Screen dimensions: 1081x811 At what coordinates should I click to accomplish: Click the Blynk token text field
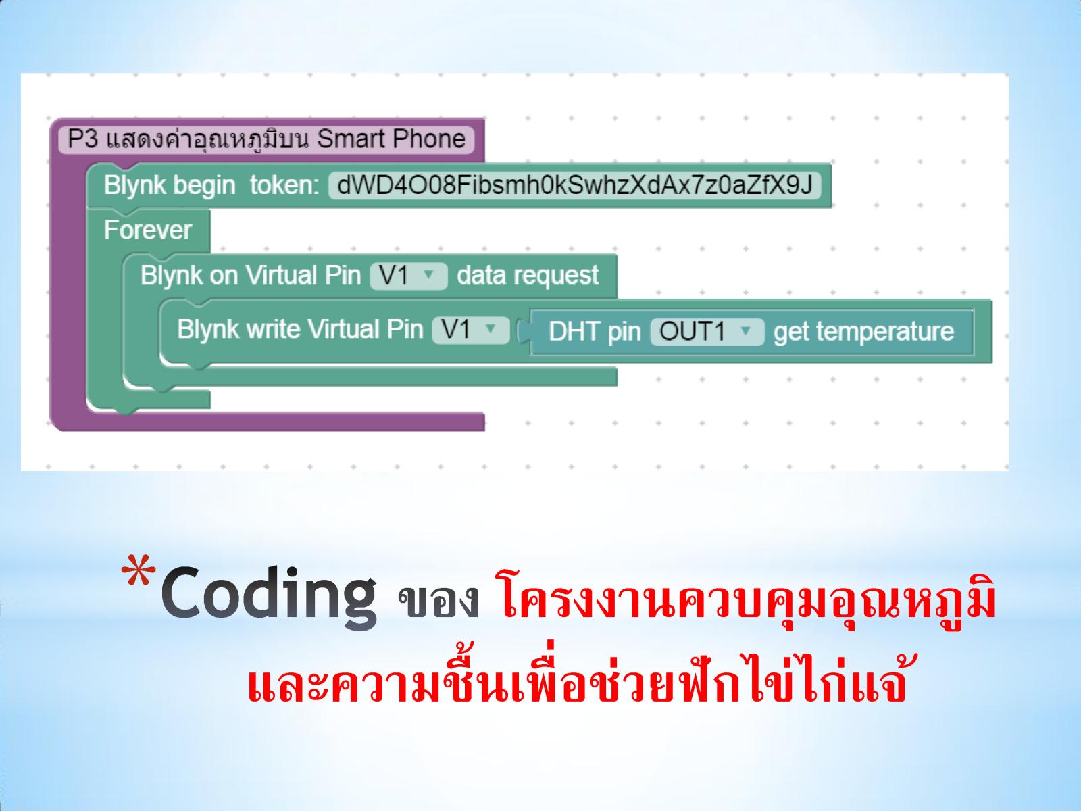click(x=575, y=185)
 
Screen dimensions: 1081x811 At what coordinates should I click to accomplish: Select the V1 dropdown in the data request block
click(x=409, y=275)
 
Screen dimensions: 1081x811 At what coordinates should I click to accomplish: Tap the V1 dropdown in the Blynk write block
click(x=471, y=329)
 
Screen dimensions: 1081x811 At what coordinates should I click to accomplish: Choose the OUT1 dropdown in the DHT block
click(x=707, y=331)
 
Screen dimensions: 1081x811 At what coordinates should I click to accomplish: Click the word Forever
click(x=148, y=230)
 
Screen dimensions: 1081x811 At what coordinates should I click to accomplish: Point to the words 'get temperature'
click(x=864, y=331)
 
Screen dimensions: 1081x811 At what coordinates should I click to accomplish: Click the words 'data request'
click(x=528, y=275)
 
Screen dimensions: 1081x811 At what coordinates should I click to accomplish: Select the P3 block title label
click(x=266, y=139)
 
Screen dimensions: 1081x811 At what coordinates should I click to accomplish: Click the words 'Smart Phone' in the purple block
click(x=391, y=139)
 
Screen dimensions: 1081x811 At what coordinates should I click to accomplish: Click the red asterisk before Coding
click(x=139, y=570)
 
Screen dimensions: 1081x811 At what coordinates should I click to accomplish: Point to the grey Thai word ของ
click(x=438, y=601)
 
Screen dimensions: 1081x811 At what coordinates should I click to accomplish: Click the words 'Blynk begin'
click(x=170, y=186)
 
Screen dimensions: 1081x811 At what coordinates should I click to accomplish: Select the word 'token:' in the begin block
click(x=284, y=185)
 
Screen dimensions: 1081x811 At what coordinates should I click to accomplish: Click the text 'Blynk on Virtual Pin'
click(x=251, y=275)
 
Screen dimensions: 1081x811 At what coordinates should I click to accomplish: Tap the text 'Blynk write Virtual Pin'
click(x=300, y=329)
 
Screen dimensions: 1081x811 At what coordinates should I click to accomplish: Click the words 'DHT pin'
click(x=595, y=332)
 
